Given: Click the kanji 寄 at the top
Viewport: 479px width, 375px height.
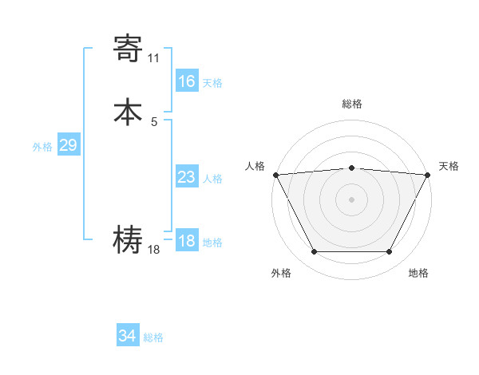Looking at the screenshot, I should click(x=129, y=49).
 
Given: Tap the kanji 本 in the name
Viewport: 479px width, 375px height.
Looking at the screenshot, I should click(x=129, y=111).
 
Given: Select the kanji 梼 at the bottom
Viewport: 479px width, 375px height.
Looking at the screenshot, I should click(x=129, y=240).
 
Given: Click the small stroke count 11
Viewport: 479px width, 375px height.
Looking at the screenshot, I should click(x=153, y=58).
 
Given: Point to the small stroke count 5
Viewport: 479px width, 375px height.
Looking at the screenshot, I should click(x=154, y=121).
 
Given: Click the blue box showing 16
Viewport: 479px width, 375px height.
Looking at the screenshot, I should click(x=186, y=81).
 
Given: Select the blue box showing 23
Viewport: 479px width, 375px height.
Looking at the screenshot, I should click(x=186, y=177).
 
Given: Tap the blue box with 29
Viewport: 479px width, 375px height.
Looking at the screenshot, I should click(x=68, y=145).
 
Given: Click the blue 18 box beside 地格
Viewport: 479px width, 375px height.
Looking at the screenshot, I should click(x=186, y=241).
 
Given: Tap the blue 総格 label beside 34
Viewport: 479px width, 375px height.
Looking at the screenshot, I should click(x=153, y=337).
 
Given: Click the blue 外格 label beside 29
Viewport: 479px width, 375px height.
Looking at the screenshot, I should click(x=42, y=147).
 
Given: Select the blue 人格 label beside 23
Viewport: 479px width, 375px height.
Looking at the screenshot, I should click(x=212, y=179).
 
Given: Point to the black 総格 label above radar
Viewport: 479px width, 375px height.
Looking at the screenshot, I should click(x=352, y=104).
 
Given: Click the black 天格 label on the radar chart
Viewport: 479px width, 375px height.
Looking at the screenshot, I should click(x=449, y=166).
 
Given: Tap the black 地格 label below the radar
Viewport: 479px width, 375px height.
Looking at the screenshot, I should click(x=418, y=273).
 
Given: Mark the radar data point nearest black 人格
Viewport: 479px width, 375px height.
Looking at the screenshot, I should click(x=275, y=174).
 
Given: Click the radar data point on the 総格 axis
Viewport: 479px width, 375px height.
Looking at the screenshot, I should click(x=352, y=168).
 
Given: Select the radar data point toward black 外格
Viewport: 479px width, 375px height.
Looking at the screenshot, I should click(x=314, y=252).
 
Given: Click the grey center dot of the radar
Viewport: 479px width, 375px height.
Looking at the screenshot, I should click(x=352, y=199).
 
